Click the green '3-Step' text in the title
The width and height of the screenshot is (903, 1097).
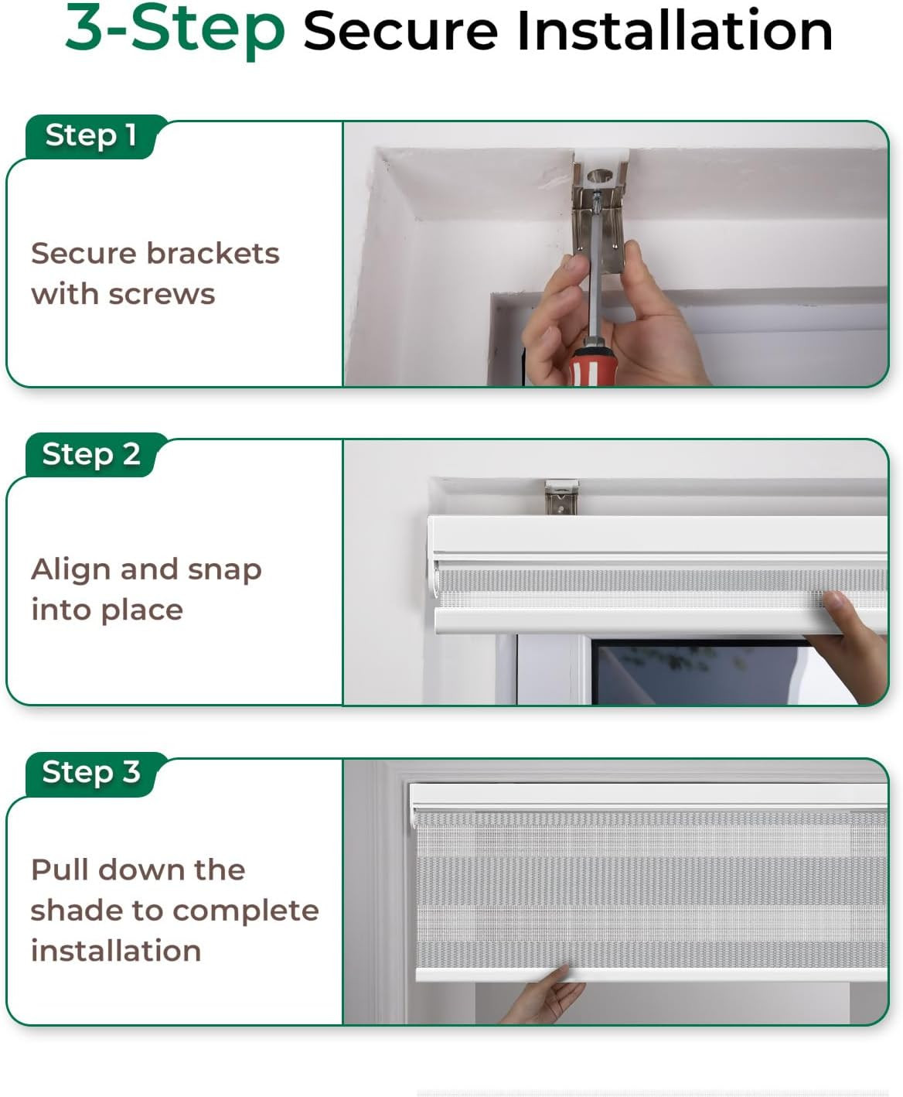point(175,29)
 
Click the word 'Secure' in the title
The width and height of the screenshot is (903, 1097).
point(400,32)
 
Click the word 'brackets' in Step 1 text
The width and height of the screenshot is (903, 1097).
point(213,254)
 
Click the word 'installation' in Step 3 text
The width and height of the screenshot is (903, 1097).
point(116,951)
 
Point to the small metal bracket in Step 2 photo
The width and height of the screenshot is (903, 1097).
point(561,497)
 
